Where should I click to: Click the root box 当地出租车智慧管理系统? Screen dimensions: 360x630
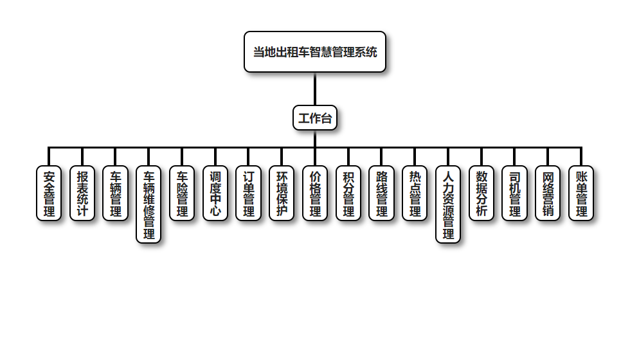pos(315,51)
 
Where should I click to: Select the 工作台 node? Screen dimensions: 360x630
pos(315,118)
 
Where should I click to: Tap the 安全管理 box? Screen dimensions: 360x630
pos(49,194)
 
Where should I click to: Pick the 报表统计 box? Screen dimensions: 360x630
pos(82,194)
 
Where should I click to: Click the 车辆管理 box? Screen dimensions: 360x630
pos(116,194)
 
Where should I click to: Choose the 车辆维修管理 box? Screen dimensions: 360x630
pos(148,204)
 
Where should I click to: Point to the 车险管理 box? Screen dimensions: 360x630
pos(182,194)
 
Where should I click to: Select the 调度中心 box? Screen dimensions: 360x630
pos(215,194)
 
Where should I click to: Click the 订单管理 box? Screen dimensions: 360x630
pos(249,194)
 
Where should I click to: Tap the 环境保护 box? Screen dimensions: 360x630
pos(282,194)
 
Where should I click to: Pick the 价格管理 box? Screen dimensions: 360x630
pos(315,194)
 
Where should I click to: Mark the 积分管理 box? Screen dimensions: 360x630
pos(348,194)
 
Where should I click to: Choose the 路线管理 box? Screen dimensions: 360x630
pos(382,194)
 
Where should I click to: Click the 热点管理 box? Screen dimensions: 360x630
pos(415,194)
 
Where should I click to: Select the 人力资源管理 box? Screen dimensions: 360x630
pos(448,204)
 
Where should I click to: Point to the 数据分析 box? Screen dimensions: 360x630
pos(482,194)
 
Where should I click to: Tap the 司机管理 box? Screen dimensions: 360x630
pos(514,194)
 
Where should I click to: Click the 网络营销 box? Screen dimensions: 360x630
pos(548,194)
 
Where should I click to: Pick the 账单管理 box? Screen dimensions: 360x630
pos(581,194)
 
